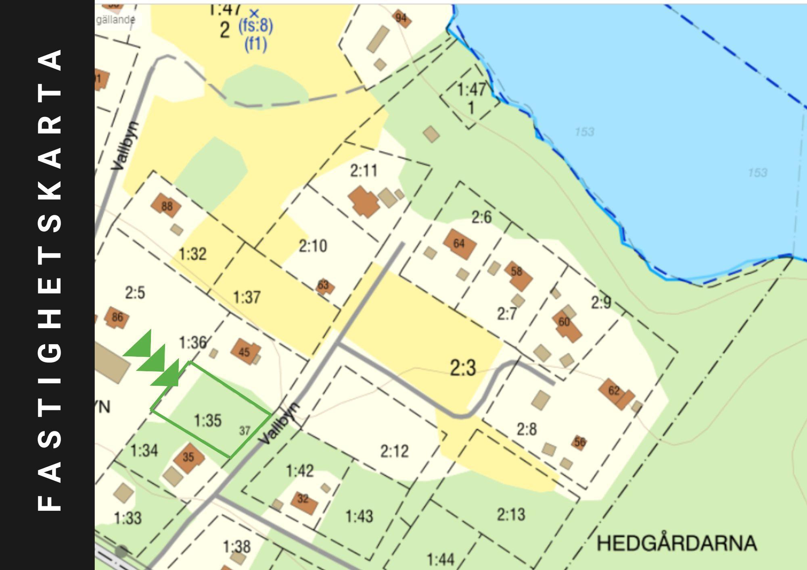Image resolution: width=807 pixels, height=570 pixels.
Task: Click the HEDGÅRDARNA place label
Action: [676, 543]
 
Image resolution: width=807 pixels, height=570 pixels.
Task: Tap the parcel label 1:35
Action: [208, 420]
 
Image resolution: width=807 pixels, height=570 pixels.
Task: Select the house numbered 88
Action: [166, 206]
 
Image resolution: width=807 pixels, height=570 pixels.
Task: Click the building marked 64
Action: [460, 244]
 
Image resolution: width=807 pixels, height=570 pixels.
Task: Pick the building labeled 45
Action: [245, 352]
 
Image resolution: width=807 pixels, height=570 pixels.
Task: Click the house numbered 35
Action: [189, 457]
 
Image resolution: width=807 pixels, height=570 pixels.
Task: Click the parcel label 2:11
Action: [364, 171]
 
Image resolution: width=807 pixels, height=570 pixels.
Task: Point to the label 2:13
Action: [511, 514]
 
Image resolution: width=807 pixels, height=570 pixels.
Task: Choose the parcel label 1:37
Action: [247, 297]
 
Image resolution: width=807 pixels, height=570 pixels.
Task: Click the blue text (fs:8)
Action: [255, 27]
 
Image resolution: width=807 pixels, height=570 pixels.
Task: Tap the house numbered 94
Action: [401, 18]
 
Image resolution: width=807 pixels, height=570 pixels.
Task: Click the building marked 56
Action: [579, 443]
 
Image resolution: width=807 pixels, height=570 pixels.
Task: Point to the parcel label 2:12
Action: [394, 451]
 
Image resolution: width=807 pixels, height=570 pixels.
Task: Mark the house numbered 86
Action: [117, 318]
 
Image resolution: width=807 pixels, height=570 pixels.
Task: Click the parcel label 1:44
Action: [441, 560]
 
